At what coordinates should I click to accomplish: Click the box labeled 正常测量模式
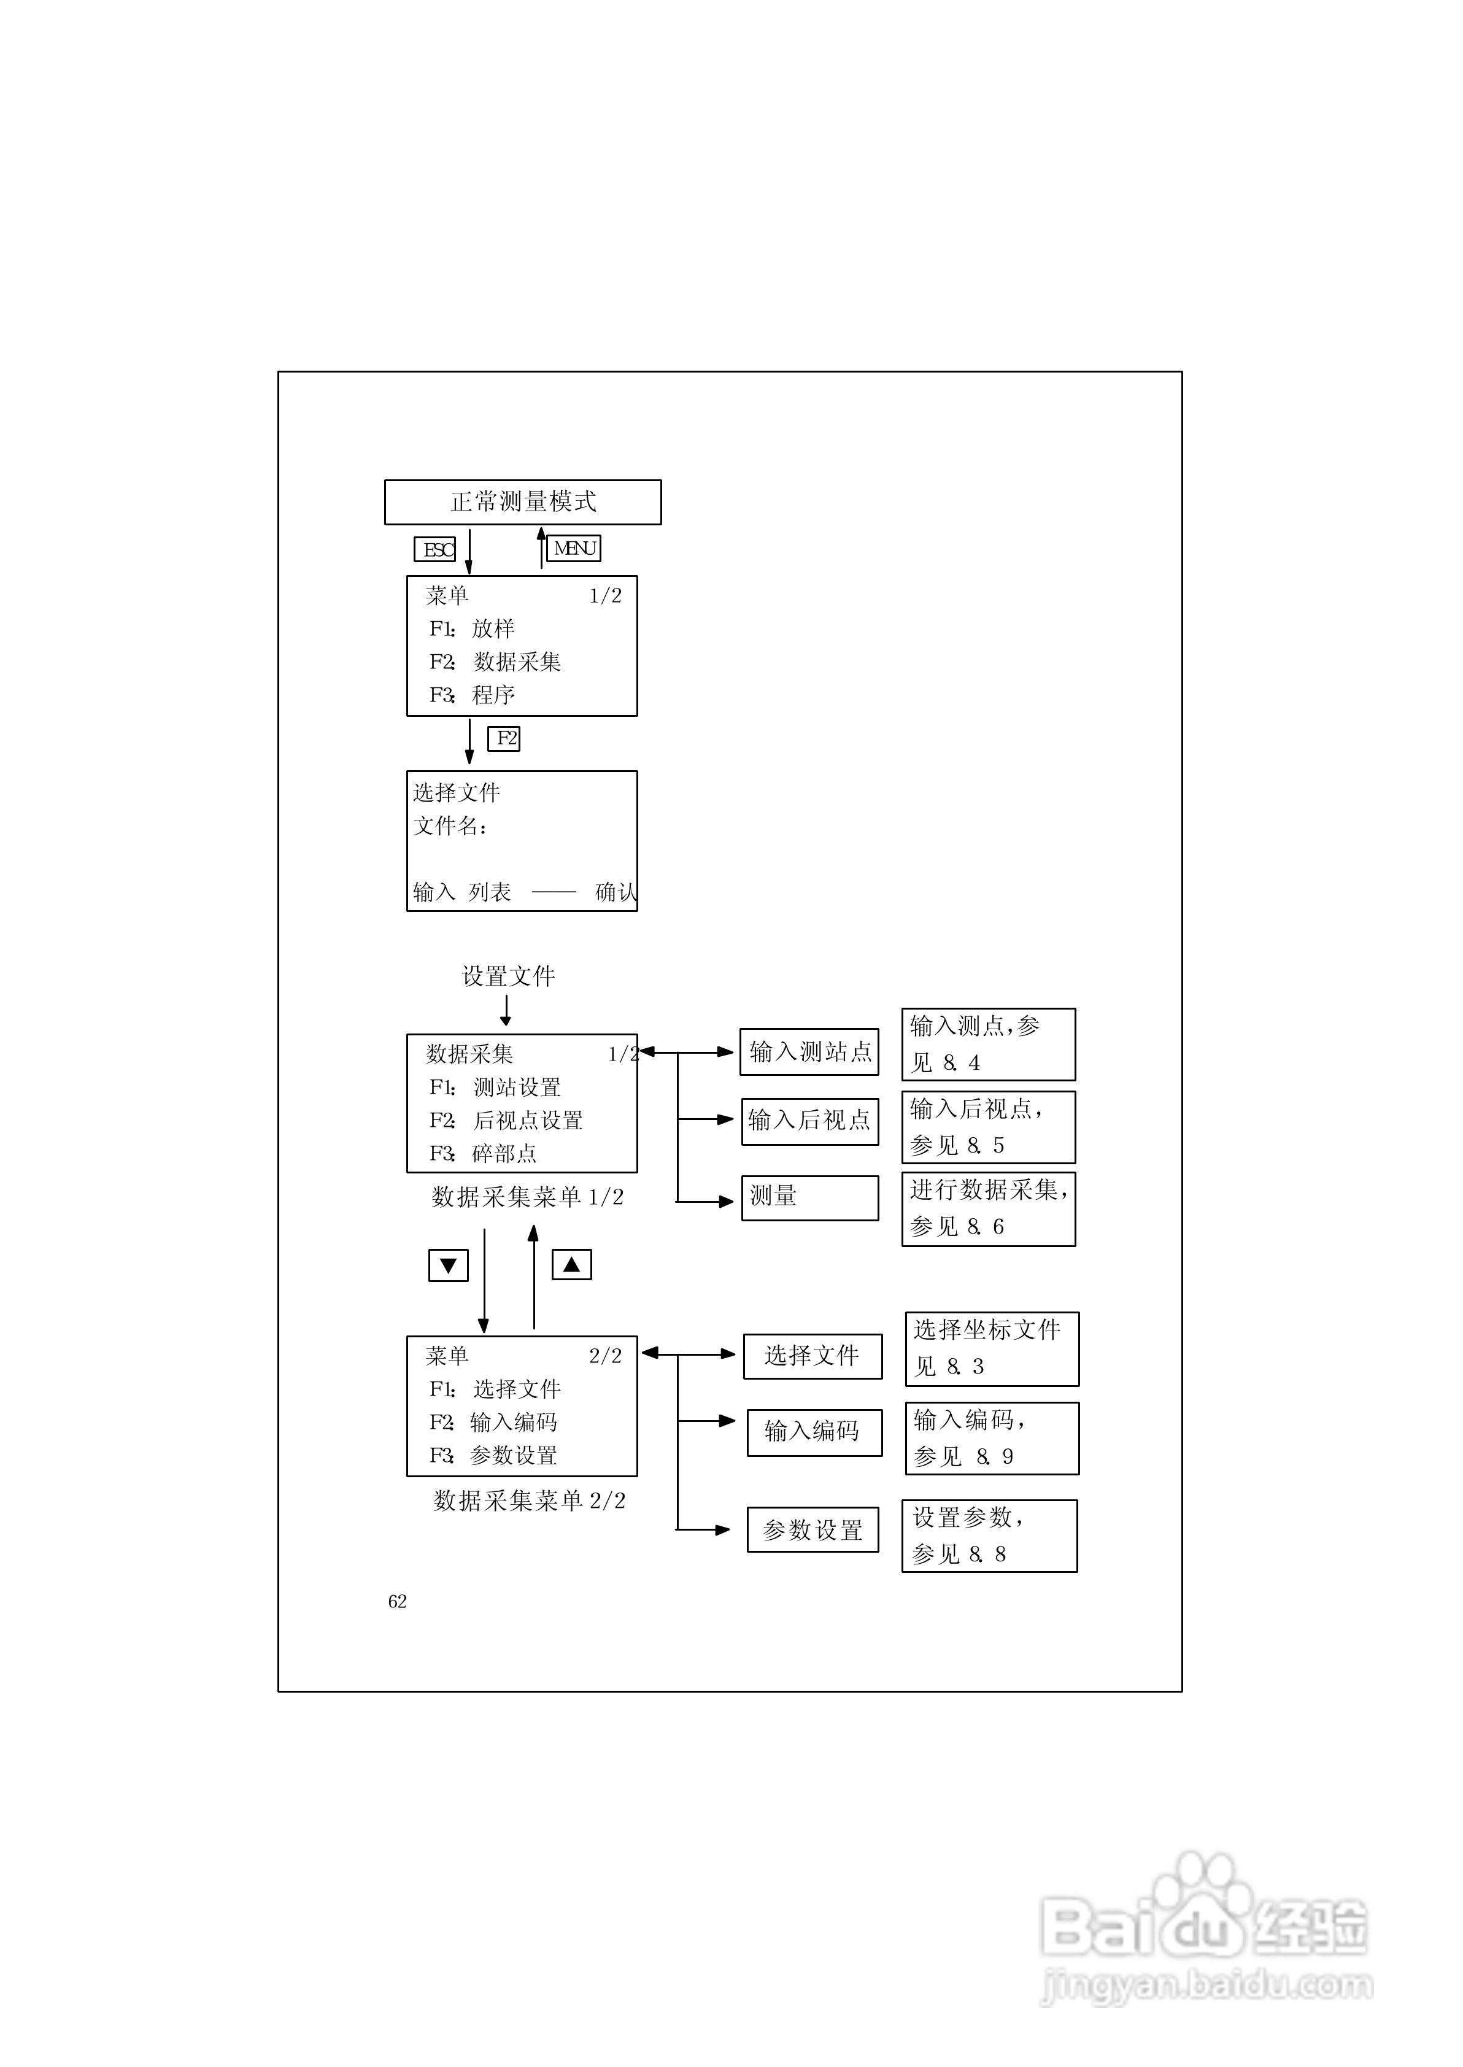pos(522,501)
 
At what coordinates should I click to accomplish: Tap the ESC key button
pos(435,549)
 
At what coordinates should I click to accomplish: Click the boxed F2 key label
pos(504,738)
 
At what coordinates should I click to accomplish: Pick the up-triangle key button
pos(571,1264)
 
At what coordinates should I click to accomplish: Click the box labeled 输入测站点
pos(809,1052)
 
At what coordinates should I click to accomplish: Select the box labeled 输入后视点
pos(809,1121)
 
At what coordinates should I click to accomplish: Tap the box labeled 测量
pos(809,1197)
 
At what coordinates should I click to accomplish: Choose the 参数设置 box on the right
pos(813,1529)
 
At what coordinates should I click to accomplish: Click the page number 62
pos(397,1601)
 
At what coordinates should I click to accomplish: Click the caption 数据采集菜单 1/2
pos(527,1197)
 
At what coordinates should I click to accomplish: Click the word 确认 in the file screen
pos(616,892)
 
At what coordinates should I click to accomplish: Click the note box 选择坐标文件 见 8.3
pos(991,1348)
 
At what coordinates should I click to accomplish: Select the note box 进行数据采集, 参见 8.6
pos(988,1208)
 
